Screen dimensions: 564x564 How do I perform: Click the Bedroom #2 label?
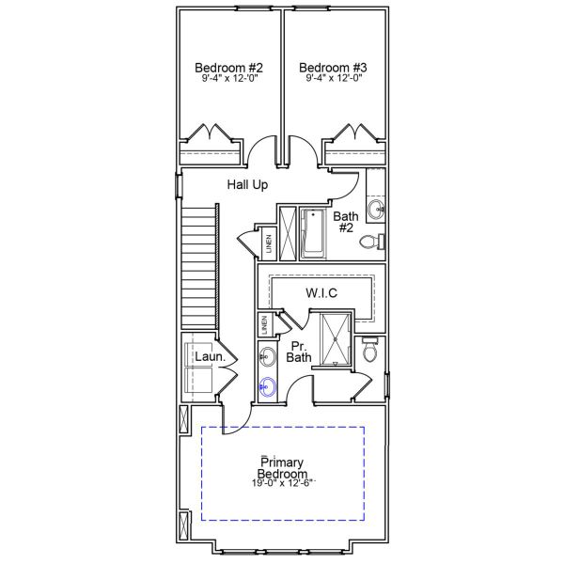(x=228, y=68)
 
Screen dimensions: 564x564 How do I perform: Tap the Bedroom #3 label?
(x=333, y=68)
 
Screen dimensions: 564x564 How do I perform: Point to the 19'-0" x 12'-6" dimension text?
(x=283, y=483)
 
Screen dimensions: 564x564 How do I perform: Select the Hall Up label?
(x=247, y=185)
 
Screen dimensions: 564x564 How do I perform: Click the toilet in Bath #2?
(x=373, y=243)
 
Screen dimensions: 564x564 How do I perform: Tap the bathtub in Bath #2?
(x=312, y=232)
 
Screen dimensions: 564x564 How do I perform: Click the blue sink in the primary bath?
(x=268, y=385)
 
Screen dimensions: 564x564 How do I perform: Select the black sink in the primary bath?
(x=268, y=355)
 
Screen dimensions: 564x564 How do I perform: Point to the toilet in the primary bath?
(x=370, y=351)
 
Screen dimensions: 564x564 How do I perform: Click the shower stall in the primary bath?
(x=334, y=338)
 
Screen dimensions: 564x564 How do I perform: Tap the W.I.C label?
(x=321, y=293)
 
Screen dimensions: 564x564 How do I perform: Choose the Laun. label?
(x=208, y=357)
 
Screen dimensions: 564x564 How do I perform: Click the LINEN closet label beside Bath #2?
(x=269, y=243)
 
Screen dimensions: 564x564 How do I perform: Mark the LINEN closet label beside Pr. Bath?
(x=266, y=325)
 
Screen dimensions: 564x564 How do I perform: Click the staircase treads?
(x=198, y=268)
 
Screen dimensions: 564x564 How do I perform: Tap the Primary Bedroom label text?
(x=283, y=467)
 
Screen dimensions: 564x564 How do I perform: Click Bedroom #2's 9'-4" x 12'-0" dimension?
(x=228, y=81)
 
